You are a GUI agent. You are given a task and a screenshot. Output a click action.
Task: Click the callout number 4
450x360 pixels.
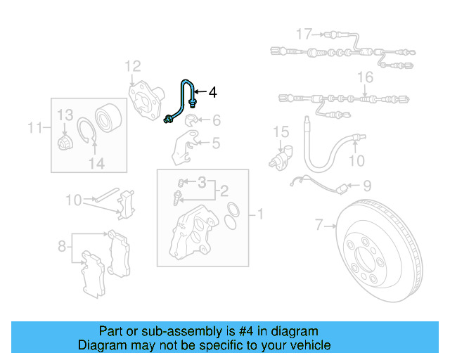coord(213,92)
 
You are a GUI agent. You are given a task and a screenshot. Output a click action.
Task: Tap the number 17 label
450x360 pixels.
coord(303,33)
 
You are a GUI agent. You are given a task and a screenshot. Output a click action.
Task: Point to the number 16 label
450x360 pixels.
coord(364,77)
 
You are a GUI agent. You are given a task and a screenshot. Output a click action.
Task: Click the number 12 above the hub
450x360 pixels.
coord(133,67)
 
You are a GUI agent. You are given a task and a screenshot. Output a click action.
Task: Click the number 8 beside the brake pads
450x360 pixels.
coord(62,247)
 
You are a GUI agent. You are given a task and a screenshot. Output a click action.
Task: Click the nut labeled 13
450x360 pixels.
coord(63,142)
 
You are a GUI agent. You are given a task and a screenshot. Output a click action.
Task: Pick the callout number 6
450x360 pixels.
coord(216,120)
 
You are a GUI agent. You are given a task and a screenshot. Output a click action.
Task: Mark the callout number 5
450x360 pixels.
coord(215,143)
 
